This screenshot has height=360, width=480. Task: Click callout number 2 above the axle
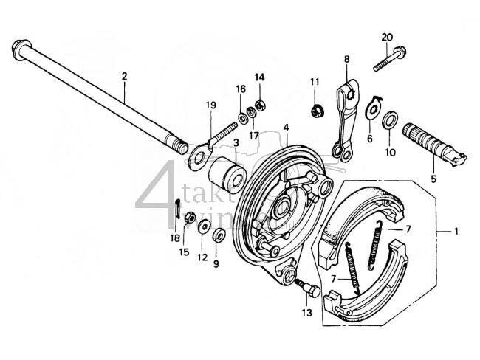click(125, 76)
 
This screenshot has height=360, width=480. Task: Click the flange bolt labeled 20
click(388, 59)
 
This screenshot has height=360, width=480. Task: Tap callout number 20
click(388, 38)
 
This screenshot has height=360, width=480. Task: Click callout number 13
click(306, 313)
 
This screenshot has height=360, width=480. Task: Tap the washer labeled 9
click(219, 236)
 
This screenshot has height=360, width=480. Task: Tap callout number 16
click(241, 89)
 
